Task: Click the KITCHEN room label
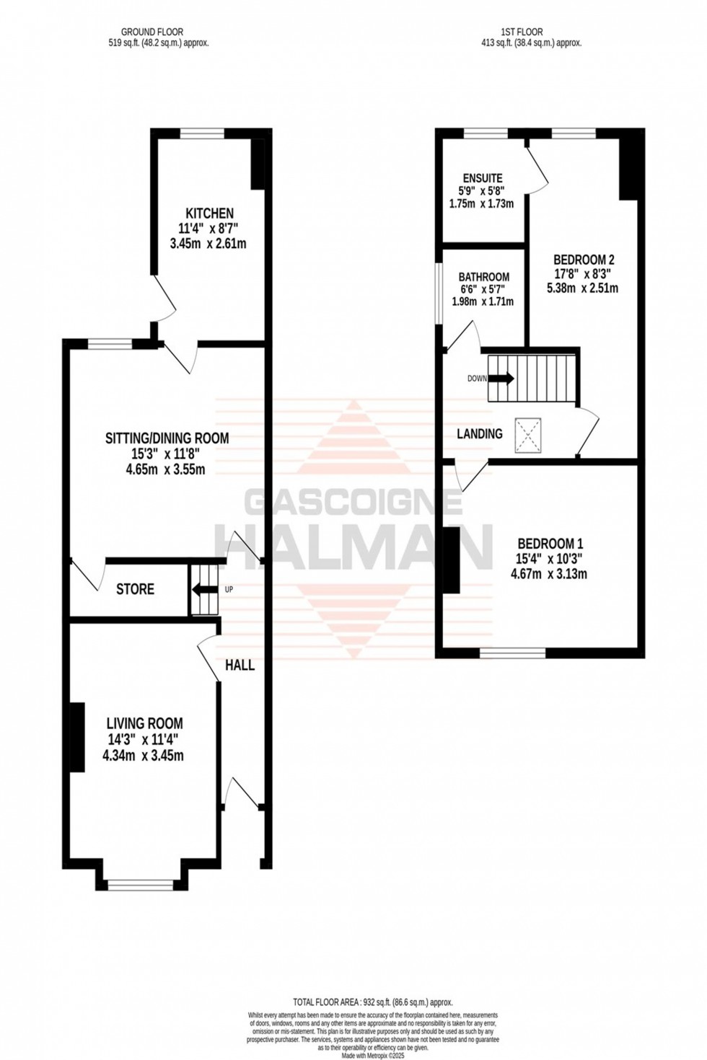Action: [x=209, y=213]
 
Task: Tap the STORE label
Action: [x=135, y=589]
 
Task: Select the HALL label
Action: [x=240, y=665]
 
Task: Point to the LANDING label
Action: [x=480, y=433]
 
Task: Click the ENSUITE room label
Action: [x=483, y=178]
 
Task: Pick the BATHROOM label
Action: [x=483, y=277]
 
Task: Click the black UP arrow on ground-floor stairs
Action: [x=206, y=590]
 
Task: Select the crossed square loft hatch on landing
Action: [x=527, y=436]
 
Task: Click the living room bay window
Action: [x=140, y=883]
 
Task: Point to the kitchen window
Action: [x=202, y=132]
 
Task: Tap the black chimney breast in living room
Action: [x=76, y=737]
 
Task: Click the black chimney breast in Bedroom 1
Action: [x=451, y=560]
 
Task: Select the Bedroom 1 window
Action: [x=513, y=653]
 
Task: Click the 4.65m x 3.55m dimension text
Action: [x=165, y=470]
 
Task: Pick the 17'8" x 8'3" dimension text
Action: [x=584, y=274]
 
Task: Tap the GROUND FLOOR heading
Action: [x=152, y=32]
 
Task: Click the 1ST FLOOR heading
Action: [x=522, y=32]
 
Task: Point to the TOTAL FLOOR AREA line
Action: [x=372, y=1002]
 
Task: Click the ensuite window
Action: [x=485, y=133]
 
